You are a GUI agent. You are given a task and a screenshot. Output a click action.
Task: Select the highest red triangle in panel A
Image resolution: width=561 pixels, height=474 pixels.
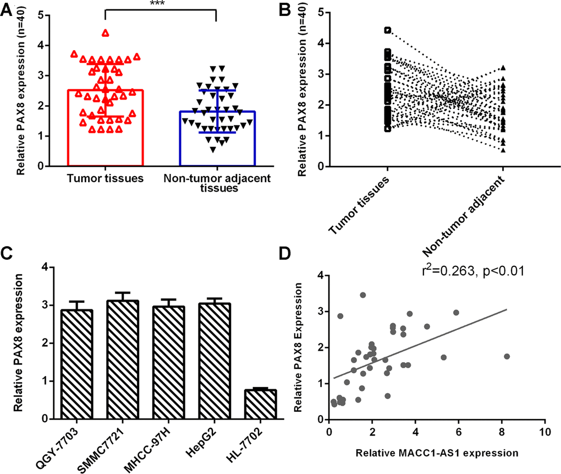(105, 32)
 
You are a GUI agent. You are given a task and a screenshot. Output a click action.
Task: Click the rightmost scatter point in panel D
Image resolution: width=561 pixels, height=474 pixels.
(507, 356)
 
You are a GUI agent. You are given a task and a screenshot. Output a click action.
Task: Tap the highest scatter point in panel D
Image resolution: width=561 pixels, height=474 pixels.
(362, 295)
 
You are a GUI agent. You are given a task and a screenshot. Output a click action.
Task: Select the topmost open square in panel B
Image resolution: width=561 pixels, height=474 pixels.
(387, 30)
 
